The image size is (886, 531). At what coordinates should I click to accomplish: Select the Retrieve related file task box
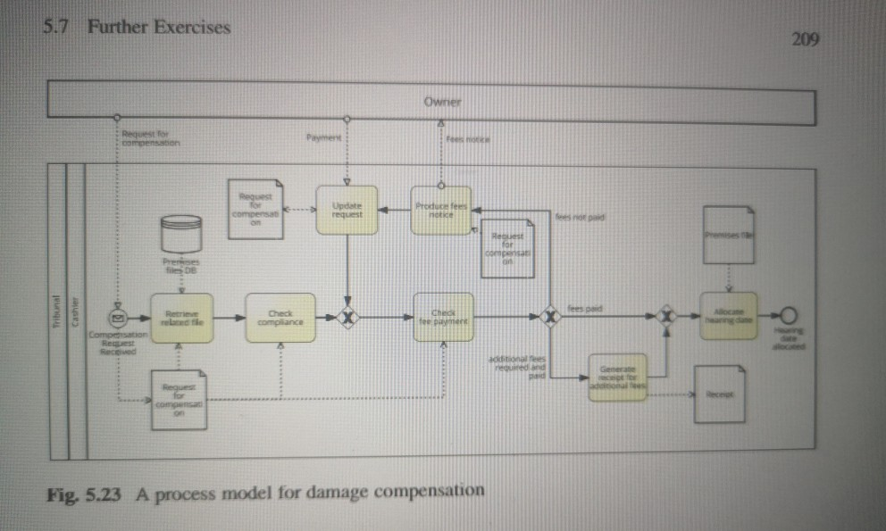[x=182, y=318]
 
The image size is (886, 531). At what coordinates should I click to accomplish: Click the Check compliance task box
[x=280, y=318]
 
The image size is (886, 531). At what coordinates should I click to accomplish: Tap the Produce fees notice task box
[x=440, y=211]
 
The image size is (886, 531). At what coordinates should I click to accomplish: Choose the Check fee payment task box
[x=443, y=317]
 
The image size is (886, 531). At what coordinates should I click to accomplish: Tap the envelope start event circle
[x=117, y=317]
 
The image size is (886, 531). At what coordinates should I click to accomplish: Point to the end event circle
[x=787, y=314]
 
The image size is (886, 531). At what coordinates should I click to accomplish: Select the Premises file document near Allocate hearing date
[x=729, y=235]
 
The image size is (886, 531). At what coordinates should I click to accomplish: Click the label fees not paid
[x=581, y=216]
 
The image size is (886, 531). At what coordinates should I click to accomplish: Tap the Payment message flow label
[x=322, y=138]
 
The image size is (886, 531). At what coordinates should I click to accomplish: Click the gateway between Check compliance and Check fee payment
[x=347, y=317]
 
